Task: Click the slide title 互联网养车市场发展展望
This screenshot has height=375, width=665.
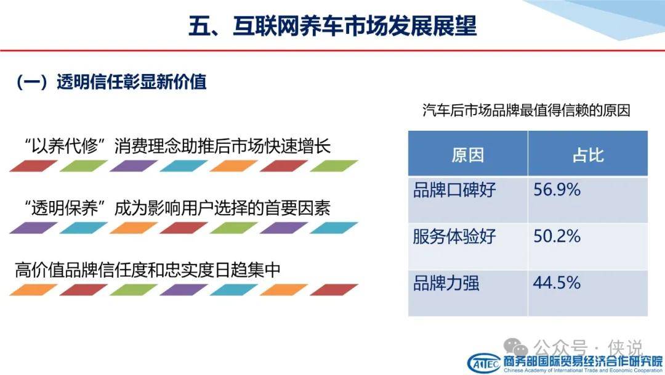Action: pyautogui.click(x=355, y=26)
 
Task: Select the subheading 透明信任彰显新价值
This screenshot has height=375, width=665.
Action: pyautogui.click(x=132, y=82)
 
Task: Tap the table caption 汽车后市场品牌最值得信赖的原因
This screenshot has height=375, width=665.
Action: pyautogui.click(x=526, y=110)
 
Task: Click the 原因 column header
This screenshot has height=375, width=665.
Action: pyautogui.click(x=468, y=155)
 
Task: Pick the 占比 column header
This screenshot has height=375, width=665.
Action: pyautogui.click(x=588, y=155)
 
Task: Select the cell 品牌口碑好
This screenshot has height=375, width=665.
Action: pyautogui.click(x=454, y=190)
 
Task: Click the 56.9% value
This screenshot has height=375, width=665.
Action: pyautogui.click(x=557, y=189)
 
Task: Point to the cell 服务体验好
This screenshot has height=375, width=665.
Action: pyautogui.click(x=454, y=237)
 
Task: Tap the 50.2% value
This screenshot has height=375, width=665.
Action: pyautogui.click(x=557, y=236)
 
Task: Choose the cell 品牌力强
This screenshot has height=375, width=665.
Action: pyautogui.click(x=446, y=283)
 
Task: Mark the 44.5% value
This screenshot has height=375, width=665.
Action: pyautogui.click(x=557, y=283)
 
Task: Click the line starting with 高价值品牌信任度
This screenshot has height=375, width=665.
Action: pyautogui.click(x=148, y=270)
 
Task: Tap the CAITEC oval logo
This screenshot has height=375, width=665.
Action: pyautogui.click(x=484, y=363)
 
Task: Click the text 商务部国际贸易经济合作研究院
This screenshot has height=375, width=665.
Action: pyautogui.click(x=582, y=361)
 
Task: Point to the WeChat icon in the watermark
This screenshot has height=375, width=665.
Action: pyautogui.click(x=515, y=348)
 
